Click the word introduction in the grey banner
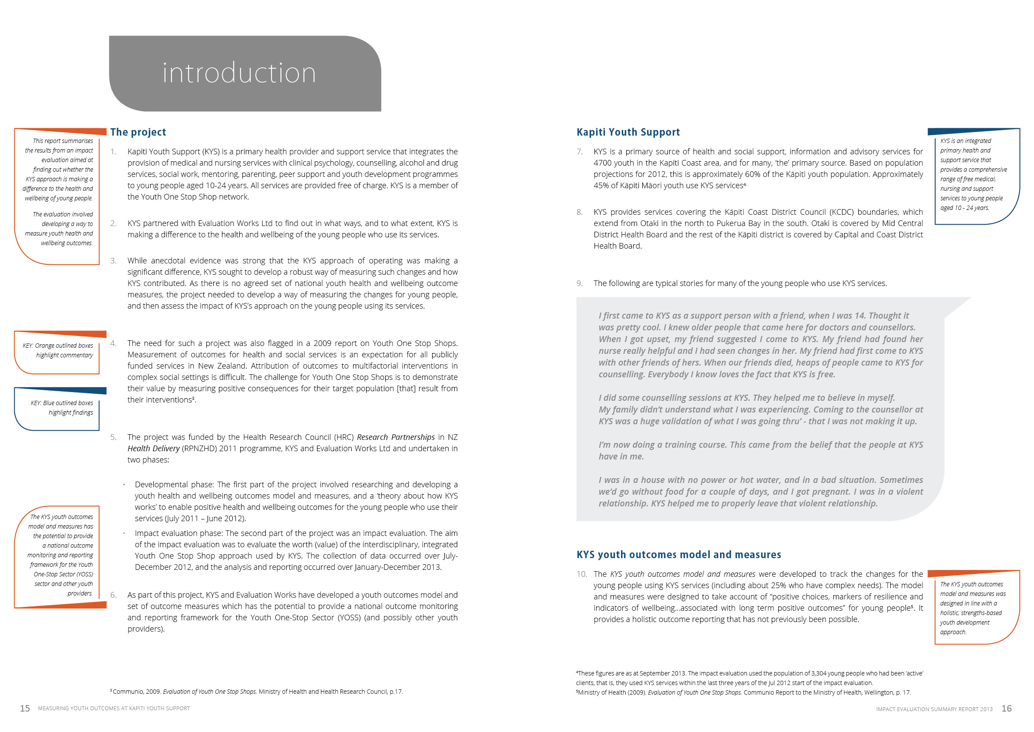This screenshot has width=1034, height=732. pyautogui.click(x=239, y=73)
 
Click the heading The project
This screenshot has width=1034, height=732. pyautogui.click(x=138, y=132)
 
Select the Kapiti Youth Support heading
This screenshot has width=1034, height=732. pyautogui.click(x=628, y=132)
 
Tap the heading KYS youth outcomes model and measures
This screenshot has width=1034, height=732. pyautogui.click(x=678, y=554)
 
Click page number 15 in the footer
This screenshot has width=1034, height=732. pyautogui.click(x=25, y=709)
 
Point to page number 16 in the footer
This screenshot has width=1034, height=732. pyautogui.click(x=1007, y=709)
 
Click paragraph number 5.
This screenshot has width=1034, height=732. pyautogui.click(x=113, y=437)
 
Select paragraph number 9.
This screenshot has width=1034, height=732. pyautogui.click(x=579, y=283)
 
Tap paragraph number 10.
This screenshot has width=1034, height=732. pyautogui.click(x=581, y=574)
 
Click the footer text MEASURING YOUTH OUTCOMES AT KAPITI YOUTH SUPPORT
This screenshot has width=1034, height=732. pyautogui.click(x=114, y=709)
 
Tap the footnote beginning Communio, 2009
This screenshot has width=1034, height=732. pyautogui.click(x=257, y=692)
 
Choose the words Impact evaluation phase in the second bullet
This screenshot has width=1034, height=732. pyautogui.click(x=178, y=533)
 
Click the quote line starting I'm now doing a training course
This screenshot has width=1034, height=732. pyautogui.click(x=760, y=445)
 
